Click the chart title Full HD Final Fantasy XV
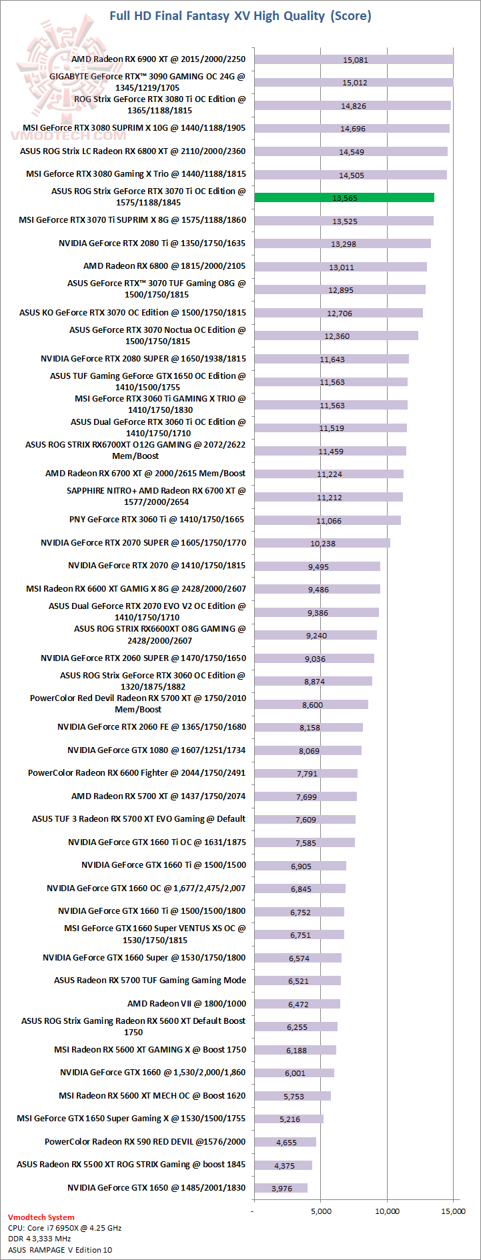[240, 15]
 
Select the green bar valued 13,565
[344, 197]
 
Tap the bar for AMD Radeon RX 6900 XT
[354, 59]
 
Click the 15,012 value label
[355, 83]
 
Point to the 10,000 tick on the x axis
[387, 1211]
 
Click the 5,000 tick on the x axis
[321, 1211]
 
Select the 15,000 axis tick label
[453, 1211]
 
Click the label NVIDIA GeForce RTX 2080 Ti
[151, 243]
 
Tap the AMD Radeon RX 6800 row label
[164, 265]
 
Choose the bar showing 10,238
[322, 543]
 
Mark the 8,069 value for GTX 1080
[309, 751]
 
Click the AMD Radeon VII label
[186, 1003]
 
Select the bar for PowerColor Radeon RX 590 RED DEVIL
[285, 1142]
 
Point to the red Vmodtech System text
[41, 1217]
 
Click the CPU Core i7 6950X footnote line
[65, 1228]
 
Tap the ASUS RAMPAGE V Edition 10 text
[60, 1250]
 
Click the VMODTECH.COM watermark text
[68, 135]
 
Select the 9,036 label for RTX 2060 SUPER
[315, 659]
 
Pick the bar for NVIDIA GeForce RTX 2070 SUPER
[322, 543]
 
